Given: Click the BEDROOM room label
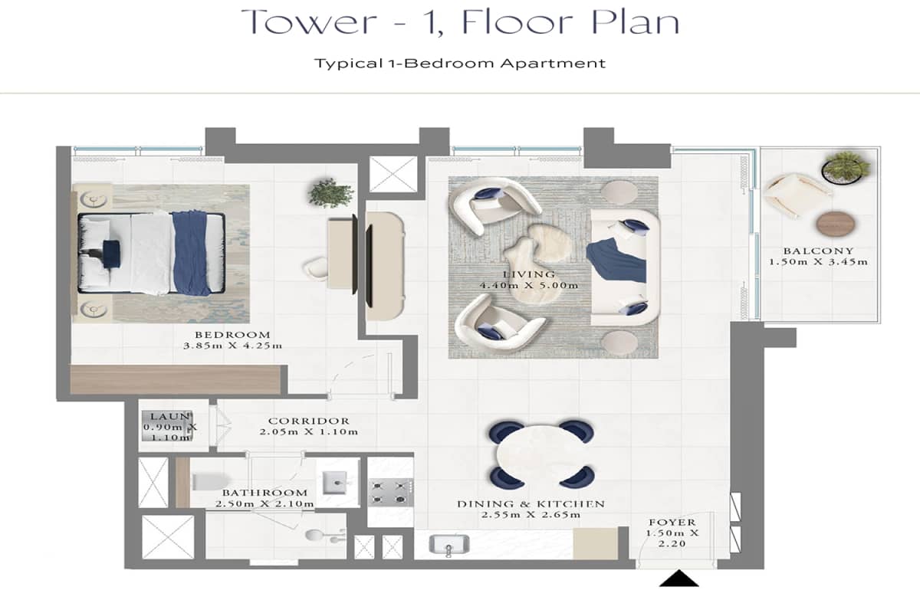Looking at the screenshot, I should point(232,334).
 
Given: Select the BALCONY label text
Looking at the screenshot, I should point(818,251).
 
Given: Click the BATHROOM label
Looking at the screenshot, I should point(264,493).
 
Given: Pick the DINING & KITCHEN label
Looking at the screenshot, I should point(531,503).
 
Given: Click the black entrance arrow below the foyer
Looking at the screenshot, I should point(679,579).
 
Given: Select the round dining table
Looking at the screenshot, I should point(540,455).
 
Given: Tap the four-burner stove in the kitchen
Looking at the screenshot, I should point(389,491).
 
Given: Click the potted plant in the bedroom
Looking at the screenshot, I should point(330,192).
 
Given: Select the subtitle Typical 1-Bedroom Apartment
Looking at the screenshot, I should point(460,63).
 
